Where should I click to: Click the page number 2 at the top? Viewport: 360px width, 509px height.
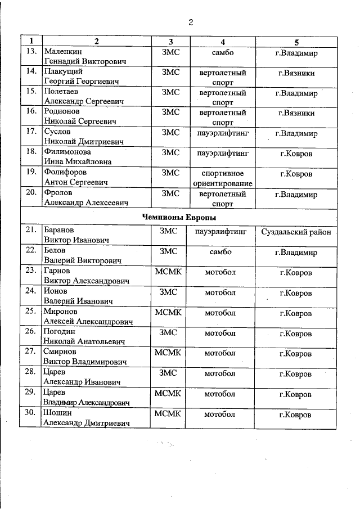point(191,22)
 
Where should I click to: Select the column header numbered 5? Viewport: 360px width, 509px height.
point(296,42)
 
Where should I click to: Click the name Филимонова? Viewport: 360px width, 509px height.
point(67,152)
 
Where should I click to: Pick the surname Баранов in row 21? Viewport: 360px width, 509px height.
point(60,230)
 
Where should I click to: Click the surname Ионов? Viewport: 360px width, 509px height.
point(56,291)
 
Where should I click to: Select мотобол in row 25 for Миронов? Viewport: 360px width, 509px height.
point(219,313)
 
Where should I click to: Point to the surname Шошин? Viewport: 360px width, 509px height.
point(56,414)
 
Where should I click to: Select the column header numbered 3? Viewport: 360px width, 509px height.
point(170,42)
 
